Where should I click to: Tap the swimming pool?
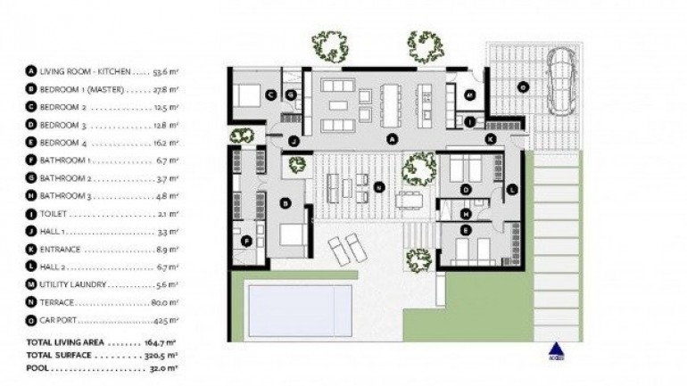(299, 311)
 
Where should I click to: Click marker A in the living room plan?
(391, 139)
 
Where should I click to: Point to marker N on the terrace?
(379, 187)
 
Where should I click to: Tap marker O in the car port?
(523, 86)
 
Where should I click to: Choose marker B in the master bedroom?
(286, 203)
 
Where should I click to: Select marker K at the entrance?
(490, 139)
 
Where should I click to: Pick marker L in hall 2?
(511, 189)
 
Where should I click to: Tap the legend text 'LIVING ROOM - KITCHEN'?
(86, 70)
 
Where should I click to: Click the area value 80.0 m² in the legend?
(165, 302)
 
